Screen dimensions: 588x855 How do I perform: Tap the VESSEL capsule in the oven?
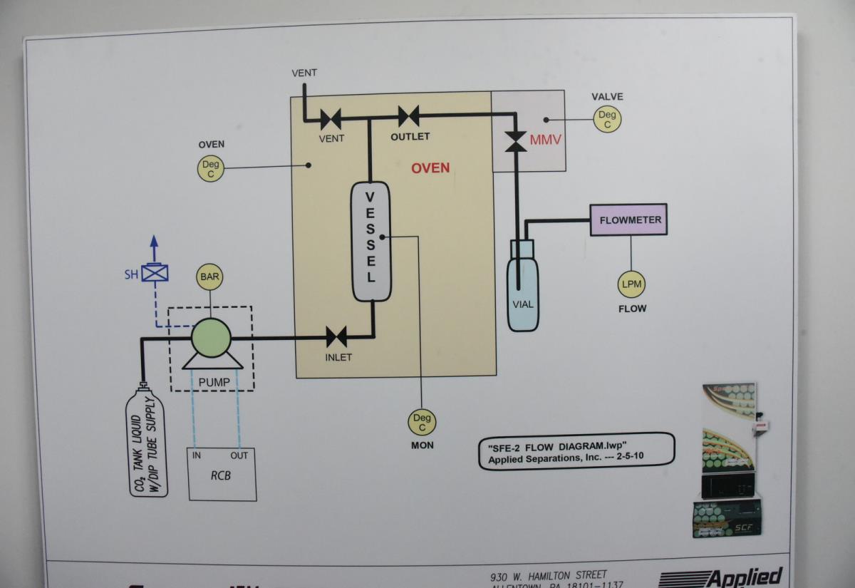pos(370,241)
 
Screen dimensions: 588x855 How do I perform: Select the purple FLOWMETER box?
pos(630,220)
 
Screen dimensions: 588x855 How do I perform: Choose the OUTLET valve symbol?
pos(408,115)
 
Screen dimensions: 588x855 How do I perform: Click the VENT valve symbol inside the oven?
pos(331,118)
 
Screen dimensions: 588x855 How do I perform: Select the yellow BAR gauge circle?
pos(209,276)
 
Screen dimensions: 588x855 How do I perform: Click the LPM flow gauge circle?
pos(631,284)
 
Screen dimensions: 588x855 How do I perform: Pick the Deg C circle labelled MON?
pos(422,423)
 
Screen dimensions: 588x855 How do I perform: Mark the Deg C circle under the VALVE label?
pos(607,120)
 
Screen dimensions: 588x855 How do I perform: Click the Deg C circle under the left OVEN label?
pos(211,169)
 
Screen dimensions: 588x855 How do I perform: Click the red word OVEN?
pos(430,168)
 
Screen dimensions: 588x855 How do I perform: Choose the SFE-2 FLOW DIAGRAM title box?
pos(576,451)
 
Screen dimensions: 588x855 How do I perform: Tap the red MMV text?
pos(546,140)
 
